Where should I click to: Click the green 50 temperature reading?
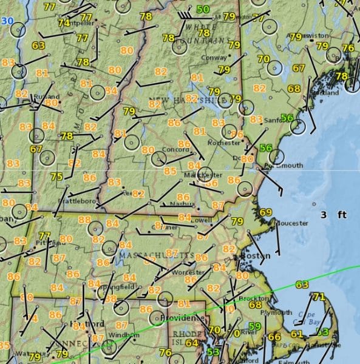click(203, 10)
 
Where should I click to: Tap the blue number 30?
click(7, 21)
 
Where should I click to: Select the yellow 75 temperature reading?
click(57, 177)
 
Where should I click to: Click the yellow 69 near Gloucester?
click(266, 212)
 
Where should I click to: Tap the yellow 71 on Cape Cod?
click(319, 297)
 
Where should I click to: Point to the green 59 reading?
click(255, 327)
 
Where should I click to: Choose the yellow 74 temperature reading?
click(64, 22)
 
